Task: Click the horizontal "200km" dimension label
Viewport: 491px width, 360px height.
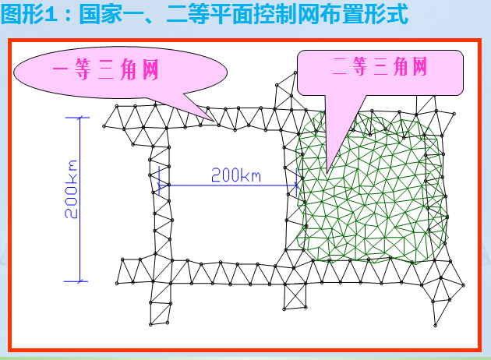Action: point(235,175)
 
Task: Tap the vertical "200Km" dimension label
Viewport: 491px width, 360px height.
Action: point(72,189)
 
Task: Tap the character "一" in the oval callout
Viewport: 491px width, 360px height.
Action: point(62,71)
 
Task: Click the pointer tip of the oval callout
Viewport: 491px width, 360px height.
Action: point(216,121)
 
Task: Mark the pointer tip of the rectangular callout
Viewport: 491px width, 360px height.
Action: point(328,170)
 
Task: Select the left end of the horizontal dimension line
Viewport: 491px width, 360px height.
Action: point(160,185)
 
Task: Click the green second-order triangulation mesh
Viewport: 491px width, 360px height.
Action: point(374,195)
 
